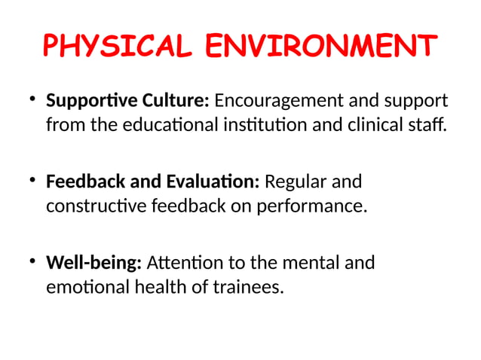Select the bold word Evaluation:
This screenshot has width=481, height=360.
click(x=211, y=182)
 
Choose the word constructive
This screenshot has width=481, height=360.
click(x=95, y=206)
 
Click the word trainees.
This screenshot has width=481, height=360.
click(x=248, y=287)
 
